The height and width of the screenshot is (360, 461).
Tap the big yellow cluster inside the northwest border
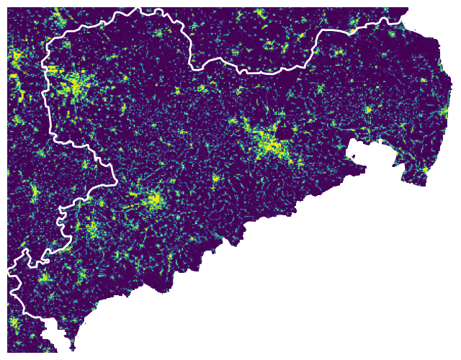(76, 86)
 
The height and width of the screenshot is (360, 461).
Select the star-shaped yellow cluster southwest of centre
(153, 200)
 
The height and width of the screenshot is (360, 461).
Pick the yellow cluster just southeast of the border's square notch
(92, 230)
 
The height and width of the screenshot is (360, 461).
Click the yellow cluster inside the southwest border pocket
(43, 277)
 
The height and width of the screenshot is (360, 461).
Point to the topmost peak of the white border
(135, 9)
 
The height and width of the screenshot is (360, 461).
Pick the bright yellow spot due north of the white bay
(367, 109)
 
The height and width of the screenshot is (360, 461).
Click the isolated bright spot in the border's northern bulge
(158, 32)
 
